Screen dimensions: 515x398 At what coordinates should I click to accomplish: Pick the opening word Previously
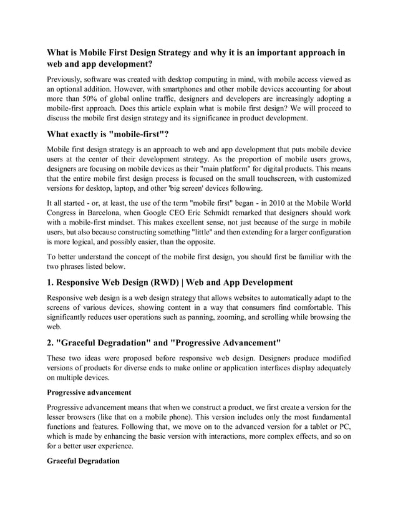click(69, 80)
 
